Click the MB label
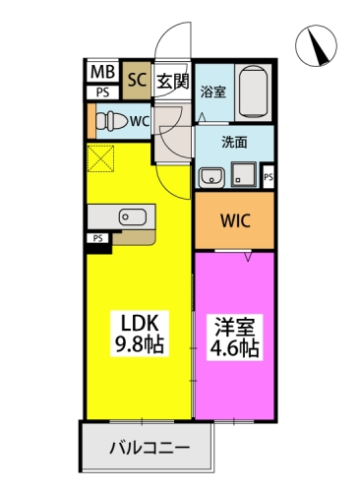tap(102, 72)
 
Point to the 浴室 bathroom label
tap(212, 92)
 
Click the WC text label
tap(138, 123)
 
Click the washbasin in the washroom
tap(209, 177)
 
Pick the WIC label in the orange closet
tap(233, 220)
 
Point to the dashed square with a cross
tap(101, 158)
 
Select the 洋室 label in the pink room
tap(233, 322)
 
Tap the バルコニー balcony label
tap(148, 451)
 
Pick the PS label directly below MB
tap(102, 92)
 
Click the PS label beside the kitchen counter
tap(98, 238)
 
